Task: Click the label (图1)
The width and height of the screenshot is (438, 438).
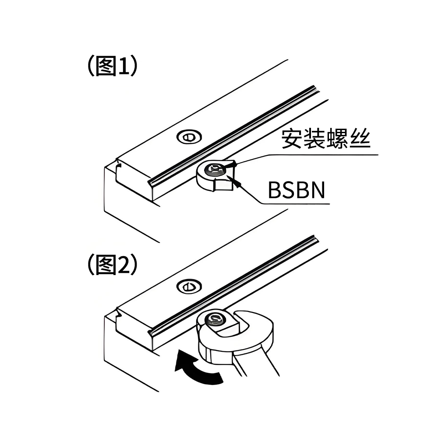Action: coord(113,67)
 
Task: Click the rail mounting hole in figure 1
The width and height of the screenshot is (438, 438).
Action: coord(188,137)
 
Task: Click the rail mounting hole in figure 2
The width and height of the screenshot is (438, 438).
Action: coord(188,287)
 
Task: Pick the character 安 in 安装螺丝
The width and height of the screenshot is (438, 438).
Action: coord(292,140)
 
